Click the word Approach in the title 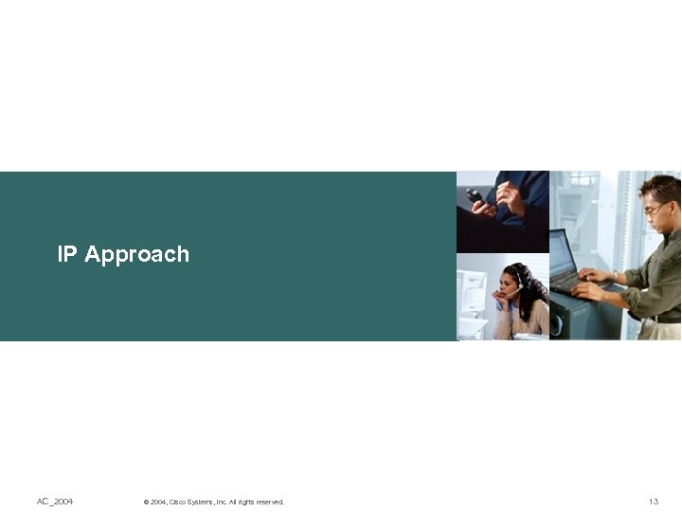point(136,255)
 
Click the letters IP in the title point(66,254)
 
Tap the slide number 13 point(653,501)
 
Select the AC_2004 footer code point(55,501)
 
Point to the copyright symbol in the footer point(146,502)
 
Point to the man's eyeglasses point(655,209)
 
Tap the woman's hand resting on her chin point(499,298)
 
